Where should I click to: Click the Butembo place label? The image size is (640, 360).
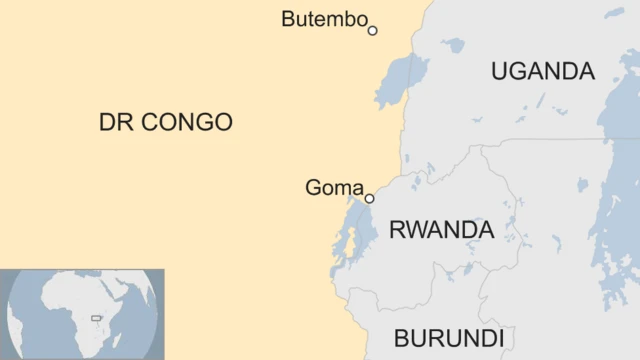(x=324, y=19)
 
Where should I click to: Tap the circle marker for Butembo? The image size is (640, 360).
(x=373, y=30)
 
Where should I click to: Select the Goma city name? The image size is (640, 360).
(x=334, y=188)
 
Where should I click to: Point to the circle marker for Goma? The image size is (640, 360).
(x=369, y=198)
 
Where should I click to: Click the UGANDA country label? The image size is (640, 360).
(x=542, y=72)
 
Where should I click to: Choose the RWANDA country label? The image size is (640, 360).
(x=441, y=230)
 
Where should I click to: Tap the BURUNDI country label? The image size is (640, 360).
(x=448, y=337)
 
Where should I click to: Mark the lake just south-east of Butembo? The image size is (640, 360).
(x=402, y=77)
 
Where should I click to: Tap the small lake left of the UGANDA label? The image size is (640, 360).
(x=454, y=45)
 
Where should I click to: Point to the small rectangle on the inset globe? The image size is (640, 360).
(x=97, y=318)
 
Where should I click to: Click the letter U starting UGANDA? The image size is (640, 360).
(x=499, y=72)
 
